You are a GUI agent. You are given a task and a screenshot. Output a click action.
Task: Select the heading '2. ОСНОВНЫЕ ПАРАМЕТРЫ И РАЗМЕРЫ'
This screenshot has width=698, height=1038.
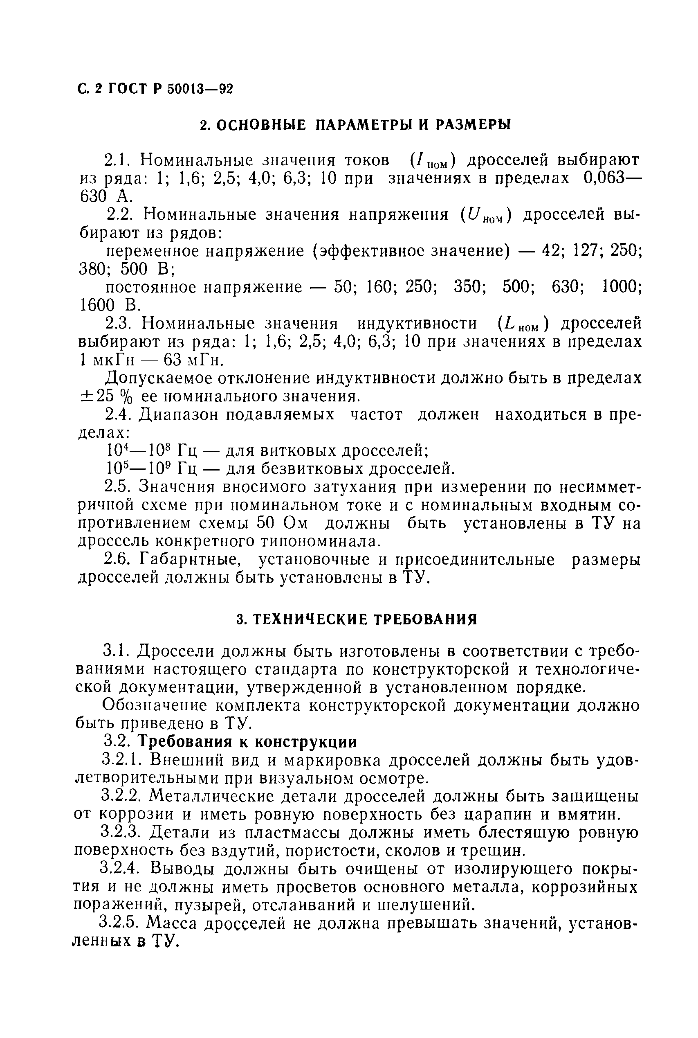coord(355,125)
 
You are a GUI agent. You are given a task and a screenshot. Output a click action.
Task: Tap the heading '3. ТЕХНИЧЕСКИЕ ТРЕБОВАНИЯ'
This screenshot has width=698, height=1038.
coord(357,619)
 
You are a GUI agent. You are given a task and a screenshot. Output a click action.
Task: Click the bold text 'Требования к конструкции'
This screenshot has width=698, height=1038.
coord(247,742)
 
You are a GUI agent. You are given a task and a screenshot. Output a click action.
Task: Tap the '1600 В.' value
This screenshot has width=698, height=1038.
coord(110,306)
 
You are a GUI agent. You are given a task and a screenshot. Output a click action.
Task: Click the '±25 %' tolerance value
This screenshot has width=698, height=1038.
coord(104,396)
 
